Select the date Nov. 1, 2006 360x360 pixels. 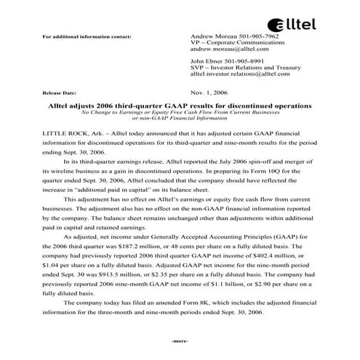[x=209, y=94]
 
